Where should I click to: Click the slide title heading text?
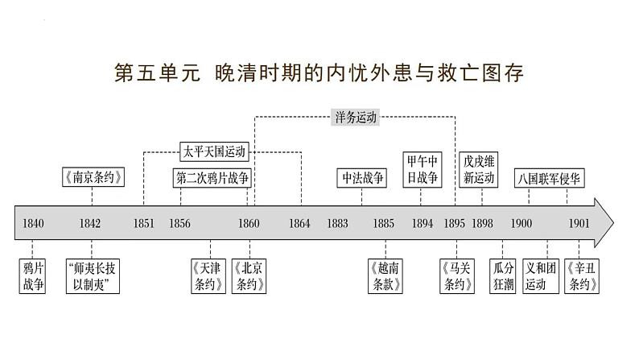coord(319,73)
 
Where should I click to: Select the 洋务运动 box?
coord(355,116)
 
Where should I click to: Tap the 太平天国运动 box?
coord(213,151)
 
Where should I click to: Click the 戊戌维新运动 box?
coord(480,170)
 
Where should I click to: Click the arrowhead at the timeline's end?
coord(604,222)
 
